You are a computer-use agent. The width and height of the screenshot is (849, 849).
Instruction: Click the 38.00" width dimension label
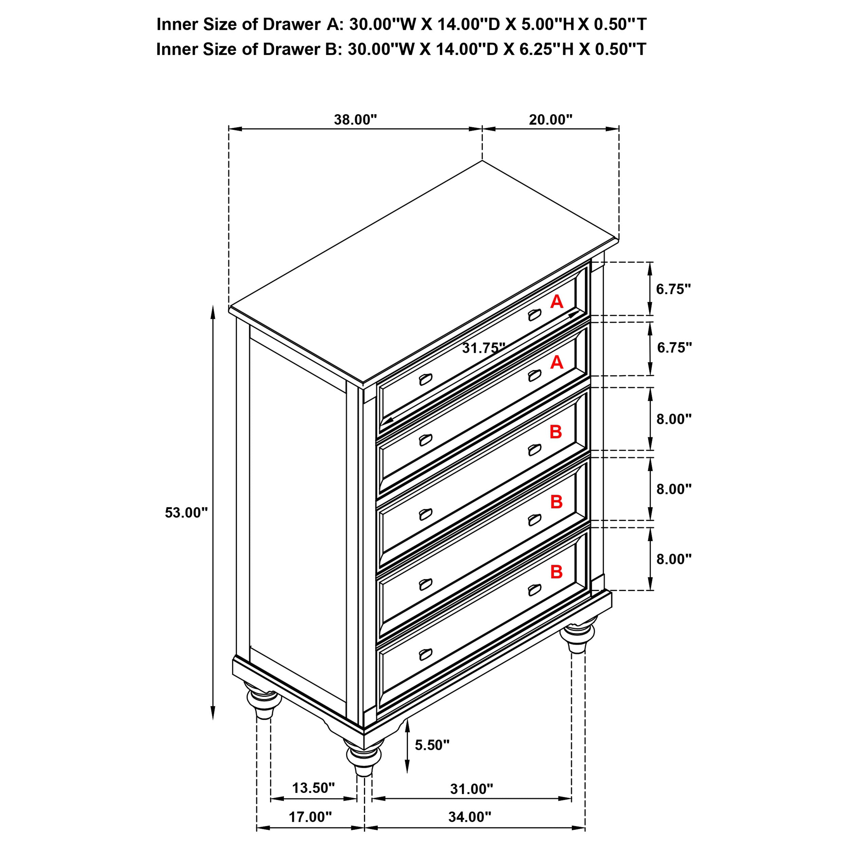(x=355, y=120)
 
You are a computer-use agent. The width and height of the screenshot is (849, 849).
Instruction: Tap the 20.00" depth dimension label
(x=550, y=120)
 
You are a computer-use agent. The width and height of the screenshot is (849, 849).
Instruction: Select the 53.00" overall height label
(x=186, y=513)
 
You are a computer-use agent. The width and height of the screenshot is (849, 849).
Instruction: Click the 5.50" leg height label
(x=432, y=745)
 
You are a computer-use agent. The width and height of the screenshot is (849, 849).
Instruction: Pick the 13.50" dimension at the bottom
(x=313, y=788)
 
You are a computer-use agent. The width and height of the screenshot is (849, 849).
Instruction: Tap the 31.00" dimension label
(x=471, y=789)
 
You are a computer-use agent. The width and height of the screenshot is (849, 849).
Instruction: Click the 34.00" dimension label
(x=469, y=829)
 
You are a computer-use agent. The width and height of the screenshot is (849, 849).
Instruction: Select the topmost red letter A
(x=556, y=302)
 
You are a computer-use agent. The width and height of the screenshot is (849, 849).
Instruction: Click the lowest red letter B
(x=556, y=572)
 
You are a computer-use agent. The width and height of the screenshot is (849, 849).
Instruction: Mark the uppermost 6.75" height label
(x=673, y=289)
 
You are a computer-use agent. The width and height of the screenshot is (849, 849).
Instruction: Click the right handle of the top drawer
(x=534, y=315)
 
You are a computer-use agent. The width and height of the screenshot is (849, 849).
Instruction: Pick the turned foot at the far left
(x=263, y=703)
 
